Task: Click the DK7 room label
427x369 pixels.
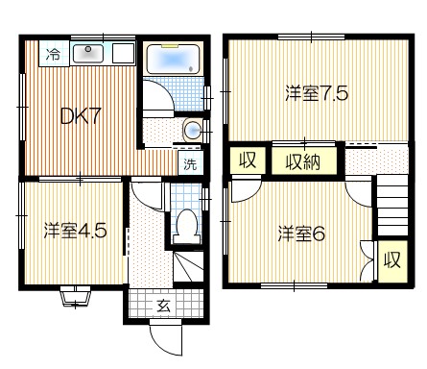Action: pos(81,116)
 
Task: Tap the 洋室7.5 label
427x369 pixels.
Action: pos(317,93)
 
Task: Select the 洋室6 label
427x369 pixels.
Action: pos(301,234)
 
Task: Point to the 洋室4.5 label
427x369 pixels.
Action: pos(75,231)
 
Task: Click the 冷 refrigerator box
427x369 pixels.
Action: pos(54,54)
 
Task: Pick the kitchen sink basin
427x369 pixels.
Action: pos(88,54)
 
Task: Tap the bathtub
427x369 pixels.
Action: pos(173,60)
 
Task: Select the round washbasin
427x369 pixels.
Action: pos(193,130)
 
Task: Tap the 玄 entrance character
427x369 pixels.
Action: pos(163,307)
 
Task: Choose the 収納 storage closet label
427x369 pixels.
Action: pos(303,162)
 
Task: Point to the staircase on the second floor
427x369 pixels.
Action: pos(392,206)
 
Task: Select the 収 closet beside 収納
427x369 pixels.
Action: pos(248,160)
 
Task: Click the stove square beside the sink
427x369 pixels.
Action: pos(123,54)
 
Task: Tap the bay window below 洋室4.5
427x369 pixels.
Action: pos(76,297)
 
